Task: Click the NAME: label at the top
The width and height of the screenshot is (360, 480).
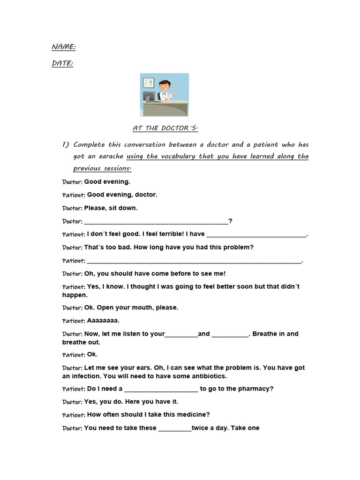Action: (x=63, y=47)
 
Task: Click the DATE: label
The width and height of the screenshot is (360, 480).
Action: (x=62, y=63)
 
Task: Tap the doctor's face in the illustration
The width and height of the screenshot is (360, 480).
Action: (x=165, y=87)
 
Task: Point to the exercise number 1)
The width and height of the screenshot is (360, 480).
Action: (x=66, y=144)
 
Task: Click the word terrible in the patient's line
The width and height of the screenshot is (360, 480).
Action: (x=169, y=234)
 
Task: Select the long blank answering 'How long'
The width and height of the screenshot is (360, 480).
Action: (x=194, y=262)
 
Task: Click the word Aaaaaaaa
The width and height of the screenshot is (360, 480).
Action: (x=103, y=321)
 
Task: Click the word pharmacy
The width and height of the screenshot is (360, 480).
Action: (x=256, y=389)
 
